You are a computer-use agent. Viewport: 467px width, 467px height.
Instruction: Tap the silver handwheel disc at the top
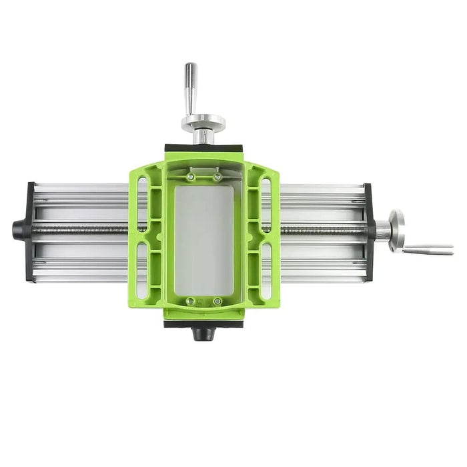203,123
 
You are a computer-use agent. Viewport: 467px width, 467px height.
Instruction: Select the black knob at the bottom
201,332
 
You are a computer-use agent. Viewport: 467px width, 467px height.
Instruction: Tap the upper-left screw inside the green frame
191,177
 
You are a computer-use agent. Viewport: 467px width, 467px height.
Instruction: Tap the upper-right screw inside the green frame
217,177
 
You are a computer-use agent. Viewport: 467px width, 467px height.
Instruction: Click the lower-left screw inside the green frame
191,301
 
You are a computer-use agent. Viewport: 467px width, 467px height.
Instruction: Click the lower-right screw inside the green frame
217,301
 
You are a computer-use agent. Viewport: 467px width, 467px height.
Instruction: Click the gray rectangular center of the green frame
204,240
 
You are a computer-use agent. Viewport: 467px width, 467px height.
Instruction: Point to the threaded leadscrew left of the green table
80,230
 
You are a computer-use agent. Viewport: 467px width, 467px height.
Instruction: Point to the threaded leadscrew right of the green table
324,230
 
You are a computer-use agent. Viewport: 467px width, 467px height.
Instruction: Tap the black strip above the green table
203,148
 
